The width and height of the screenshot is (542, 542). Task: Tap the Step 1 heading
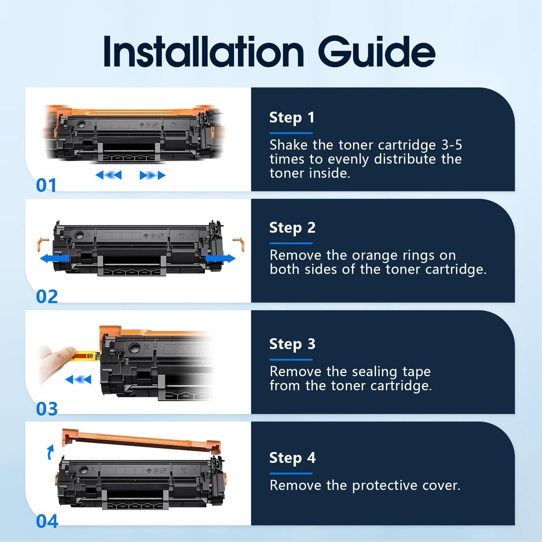(x=292, y=118)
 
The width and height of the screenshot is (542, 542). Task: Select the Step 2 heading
(x=292, y=228)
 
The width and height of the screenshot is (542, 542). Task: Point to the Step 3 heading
(x=292, y=344)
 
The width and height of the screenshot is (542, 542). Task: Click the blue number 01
(x=46, y=185)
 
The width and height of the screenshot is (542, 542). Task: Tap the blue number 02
(x=47, y=297)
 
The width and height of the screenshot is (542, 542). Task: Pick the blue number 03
(x=47, y=409)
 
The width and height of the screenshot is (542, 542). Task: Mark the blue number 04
(x=47, y=521)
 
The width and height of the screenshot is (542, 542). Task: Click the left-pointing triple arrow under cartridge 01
(x=109, y=175)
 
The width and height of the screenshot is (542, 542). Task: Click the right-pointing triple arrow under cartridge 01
(x=152, y=175)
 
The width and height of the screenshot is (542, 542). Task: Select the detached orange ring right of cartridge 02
(x=239, y=244)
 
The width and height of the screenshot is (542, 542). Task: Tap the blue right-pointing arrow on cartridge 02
(x=221, y=258)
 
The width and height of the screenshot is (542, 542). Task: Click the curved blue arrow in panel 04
(x=50, y=452)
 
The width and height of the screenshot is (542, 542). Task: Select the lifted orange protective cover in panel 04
(x=141, y=440)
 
